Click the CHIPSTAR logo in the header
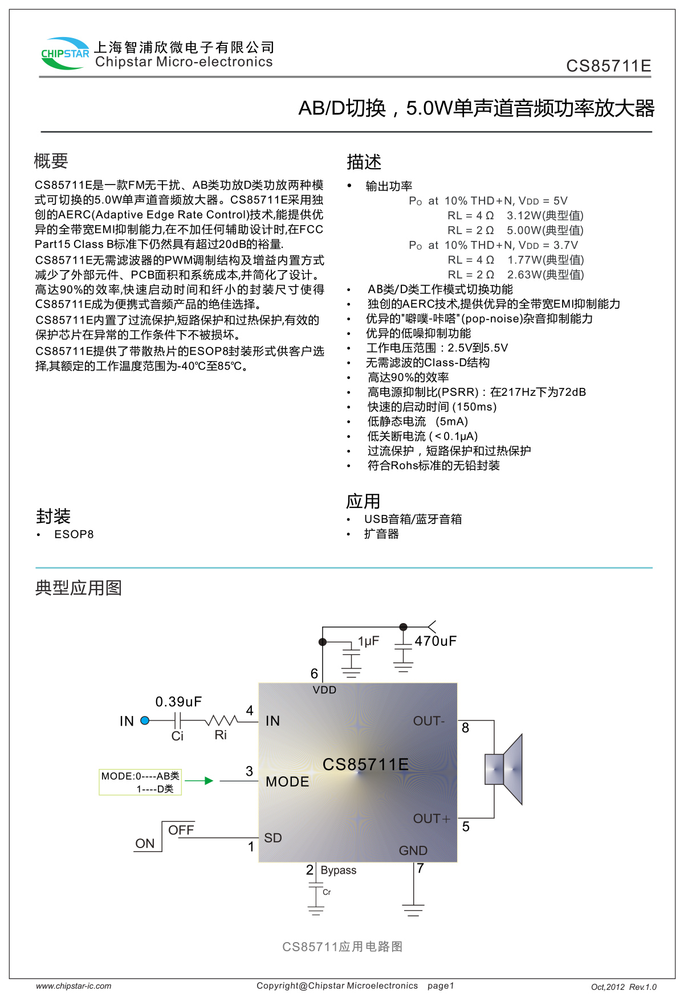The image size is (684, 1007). (x=64, y=54)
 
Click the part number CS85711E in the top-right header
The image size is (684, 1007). (x=608, y=66)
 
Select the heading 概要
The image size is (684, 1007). (x=51, y=161)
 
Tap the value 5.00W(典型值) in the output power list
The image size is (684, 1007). (x=545, y=230)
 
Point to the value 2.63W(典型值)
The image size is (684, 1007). (x=545, y=275)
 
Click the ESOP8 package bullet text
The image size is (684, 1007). (x=74, y=534)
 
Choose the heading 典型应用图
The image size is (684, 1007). (x=79, y=588)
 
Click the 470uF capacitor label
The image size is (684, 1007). (x=435, y=641)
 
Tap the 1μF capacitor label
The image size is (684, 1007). (x=368, y=641)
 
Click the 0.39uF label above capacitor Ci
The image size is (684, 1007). (x=178, y=701)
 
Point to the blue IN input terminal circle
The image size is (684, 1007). (x=145, y=721)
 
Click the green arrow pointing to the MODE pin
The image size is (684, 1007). (x=199, y=781)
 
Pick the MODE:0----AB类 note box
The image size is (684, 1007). (x=140, y=782)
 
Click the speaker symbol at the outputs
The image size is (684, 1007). (x=504, y=769)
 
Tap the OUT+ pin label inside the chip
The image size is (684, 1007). (x=431, y=818)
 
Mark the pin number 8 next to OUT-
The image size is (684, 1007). (x=466, y=728)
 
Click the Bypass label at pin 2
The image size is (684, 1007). (x=339, y=870)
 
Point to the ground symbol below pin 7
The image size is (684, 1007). (x=413, y=909)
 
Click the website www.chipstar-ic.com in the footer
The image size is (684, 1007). (x=74, y=986)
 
